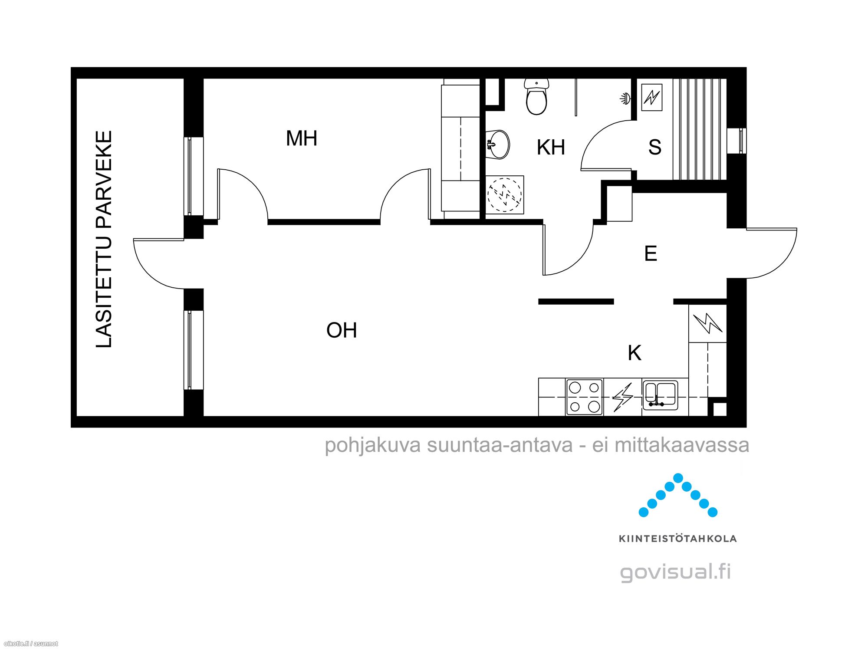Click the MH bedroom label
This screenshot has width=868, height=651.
click(302, 138)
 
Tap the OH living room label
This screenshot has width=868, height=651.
click(342, 330)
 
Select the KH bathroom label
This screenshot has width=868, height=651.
click(551, 148)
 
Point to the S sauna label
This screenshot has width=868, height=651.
click(655, 147)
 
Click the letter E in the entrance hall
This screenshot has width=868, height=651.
click(651, 253)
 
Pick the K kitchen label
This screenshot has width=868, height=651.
click(635, 353)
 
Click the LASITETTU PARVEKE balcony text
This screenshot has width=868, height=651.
click(104, 239)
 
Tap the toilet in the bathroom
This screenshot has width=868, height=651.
click(536, 96)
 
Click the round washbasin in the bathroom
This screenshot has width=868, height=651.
click(498, 144)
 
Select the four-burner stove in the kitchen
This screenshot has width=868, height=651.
click(584, 397)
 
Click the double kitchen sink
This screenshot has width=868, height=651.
click(660, 395)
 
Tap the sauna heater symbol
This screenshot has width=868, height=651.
click(652, 97)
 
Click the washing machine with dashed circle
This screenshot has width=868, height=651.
click(504, 195)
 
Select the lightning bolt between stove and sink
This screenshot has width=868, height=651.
click(622, 397)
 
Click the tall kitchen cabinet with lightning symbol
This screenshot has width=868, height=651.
click(707, 323)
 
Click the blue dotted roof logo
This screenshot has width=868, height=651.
click(678, 495)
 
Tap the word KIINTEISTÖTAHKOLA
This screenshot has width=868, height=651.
click(677, 539)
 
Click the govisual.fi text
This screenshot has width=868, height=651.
click(676, 572)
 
